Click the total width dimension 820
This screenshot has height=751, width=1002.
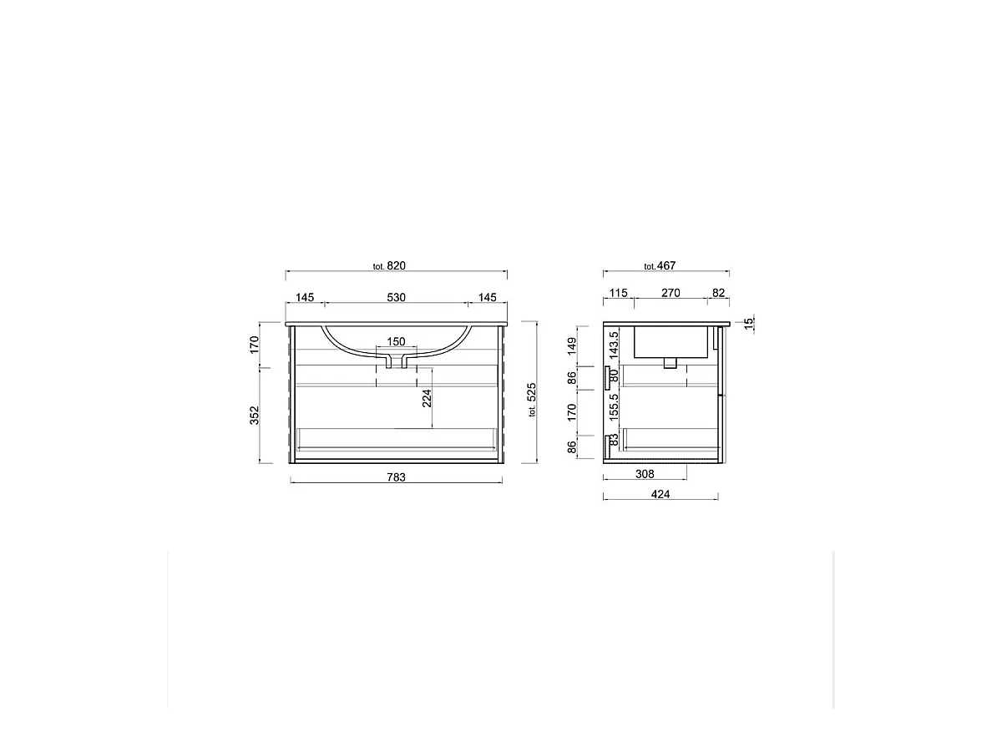coord(395,266)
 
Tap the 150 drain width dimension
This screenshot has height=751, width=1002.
coord(396,341)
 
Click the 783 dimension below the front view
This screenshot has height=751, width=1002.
coord(396,477)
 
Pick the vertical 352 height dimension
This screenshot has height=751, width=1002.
coord(256,415)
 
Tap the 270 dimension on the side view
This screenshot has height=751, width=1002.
coord(671,293)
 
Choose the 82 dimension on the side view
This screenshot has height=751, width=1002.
coord(718,293)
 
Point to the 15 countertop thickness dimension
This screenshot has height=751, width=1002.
coord(748,321)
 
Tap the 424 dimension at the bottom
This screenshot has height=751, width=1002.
coord(660,494)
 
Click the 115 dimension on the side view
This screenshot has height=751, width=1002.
coord(618,293)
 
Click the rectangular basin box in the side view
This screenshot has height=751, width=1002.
coord(671,341)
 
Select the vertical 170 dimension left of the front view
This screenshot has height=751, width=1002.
coord(256,344)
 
